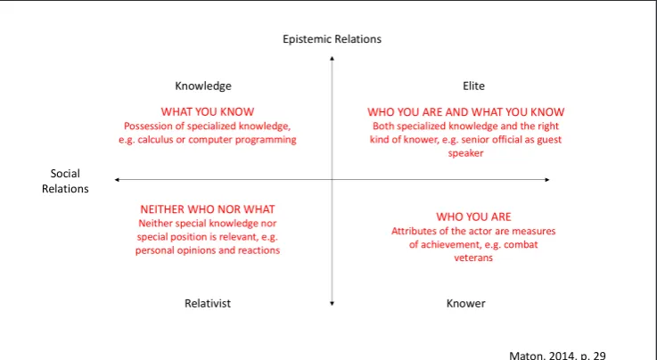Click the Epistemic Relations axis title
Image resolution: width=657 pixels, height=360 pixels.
pyautogui.click(x=332, y=39)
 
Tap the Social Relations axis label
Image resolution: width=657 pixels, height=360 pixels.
pyautogui.click(x=65, y=181)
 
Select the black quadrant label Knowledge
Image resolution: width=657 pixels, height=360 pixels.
pyautogui.click(x=203, y=86)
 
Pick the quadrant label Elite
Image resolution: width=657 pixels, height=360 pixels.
pyautogui.click(x=473, y=86)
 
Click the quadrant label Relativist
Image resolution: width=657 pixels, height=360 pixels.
pyautogui.click(x=208, y=303)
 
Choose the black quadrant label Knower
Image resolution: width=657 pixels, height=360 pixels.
pyautogui.click(x=465, y=303)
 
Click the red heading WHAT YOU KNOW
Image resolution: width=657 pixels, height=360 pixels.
pyautogui.click(x=208, y=111)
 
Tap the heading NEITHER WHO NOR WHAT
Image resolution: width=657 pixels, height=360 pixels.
pyautogui.click(x=208, y=209)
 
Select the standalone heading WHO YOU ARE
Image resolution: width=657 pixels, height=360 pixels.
pyautogui.click(x=473, y=217)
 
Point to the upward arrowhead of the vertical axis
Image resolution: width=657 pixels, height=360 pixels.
pyautogui.click(x=332, y=58)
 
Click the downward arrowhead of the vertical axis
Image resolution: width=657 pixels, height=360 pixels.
pyautogui.click(x=332, y=304)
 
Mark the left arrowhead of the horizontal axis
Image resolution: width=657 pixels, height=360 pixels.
pyautogui.click(x=117, y=180)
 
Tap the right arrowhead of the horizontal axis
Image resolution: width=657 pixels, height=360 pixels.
pyautogui.click(x=547, y=180)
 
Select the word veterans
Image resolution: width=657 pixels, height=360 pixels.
pyautogui.click(x=473, y=258)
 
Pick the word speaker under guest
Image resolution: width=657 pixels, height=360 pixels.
pyautogui.click(x=465, y=153)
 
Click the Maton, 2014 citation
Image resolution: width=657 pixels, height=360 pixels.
pyautogui.click(x=557, y=356)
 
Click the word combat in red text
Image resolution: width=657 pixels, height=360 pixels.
pyautogui.click(x=521, y=244)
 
